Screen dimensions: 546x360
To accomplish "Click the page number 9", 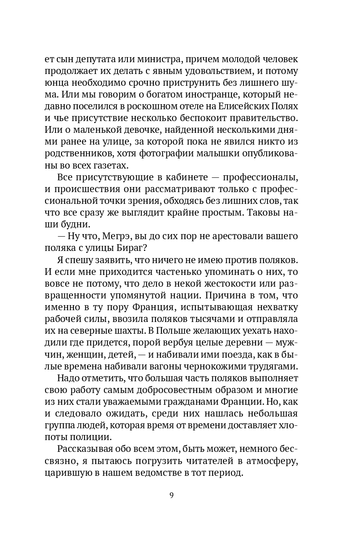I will pos(171,495).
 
